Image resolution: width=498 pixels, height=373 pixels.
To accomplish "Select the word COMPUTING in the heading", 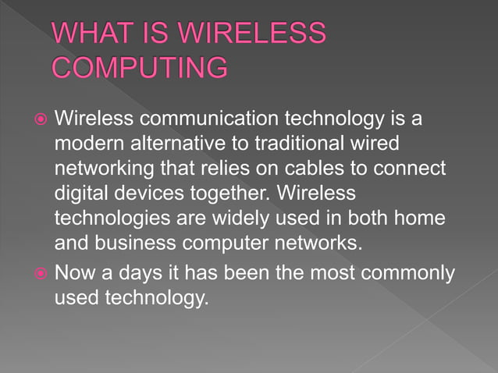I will pos(141,68).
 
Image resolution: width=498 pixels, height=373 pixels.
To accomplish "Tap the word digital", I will pos(83,193).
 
